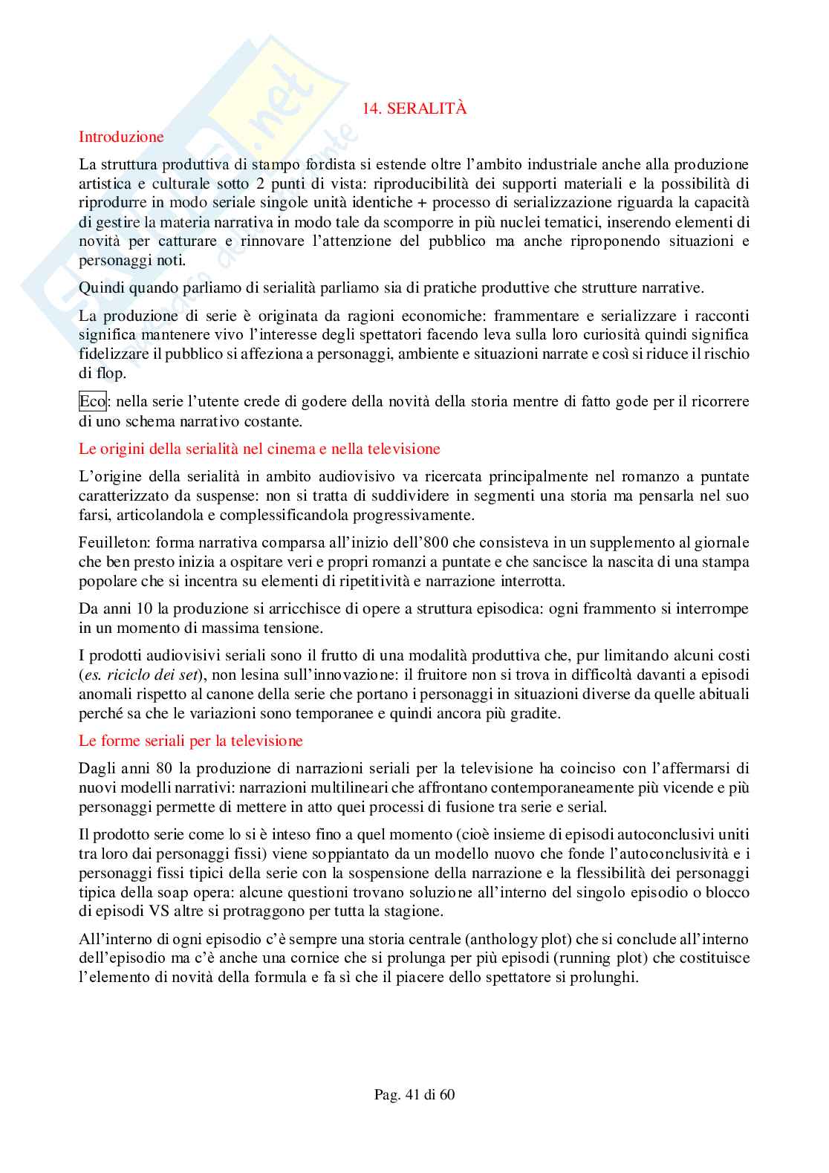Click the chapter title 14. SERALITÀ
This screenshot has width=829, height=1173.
(414, 108)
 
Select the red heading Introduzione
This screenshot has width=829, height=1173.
(121, 137)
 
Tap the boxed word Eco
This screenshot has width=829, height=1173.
(92, 402)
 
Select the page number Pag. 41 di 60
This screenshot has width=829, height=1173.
(414, 1094)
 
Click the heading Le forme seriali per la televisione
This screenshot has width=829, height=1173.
(191, 741)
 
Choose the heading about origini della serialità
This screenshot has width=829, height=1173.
(259, 449)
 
